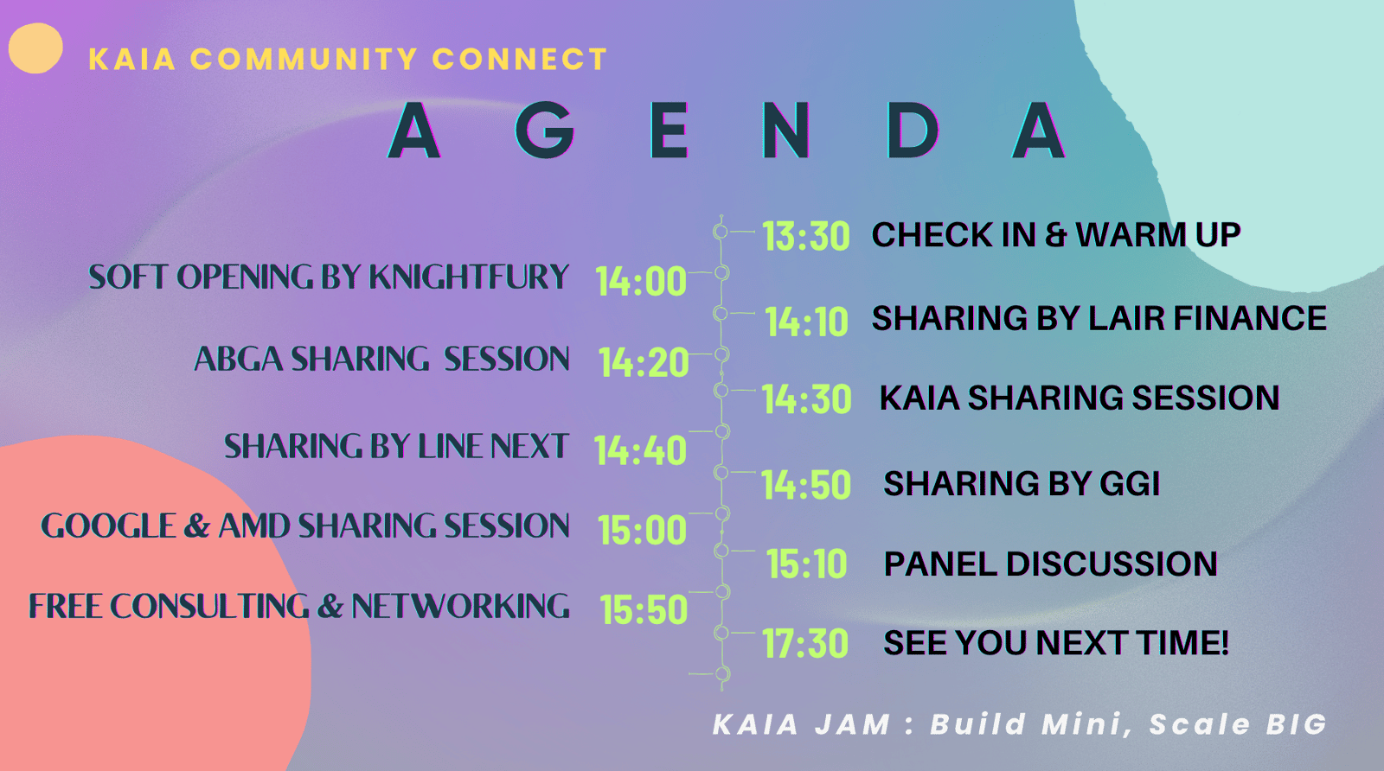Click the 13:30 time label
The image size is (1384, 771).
[x=806, y=236]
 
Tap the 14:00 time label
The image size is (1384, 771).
[x=641, y=281]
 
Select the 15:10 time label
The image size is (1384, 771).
[x=806, y=564]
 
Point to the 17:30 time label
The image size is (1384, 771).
[x=805, y=643]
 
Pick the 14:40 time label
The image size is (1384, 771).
[x=640, y=450]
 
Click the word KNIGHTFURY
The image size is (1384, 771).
[x=468, y=277]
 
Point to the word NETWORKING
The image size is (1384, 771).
[x=460, y=606]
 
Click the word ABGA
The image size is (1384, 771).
[x=239, y=360]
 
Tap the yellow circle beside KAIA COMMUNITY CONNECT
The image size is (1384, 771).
[x=35, y=48]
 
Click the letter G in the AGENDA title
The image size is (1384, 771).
[x=544, y=131]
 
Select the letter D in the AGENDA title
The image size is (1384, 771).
[x=913, y=131]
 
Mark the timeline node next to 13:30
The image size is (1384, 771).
[x=721, y=232]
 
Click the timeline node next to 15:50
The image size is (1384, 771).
[x=722, y=592]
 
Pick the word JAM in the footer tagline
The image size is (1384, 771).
[x=852, y=724]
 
